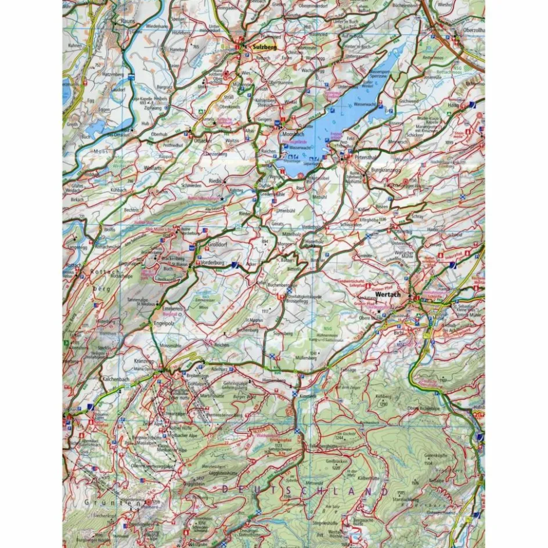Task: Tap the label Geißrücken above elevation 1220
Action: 339,463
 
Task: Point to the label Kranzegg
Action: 143,361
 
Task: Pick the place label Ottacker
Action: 201,140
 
